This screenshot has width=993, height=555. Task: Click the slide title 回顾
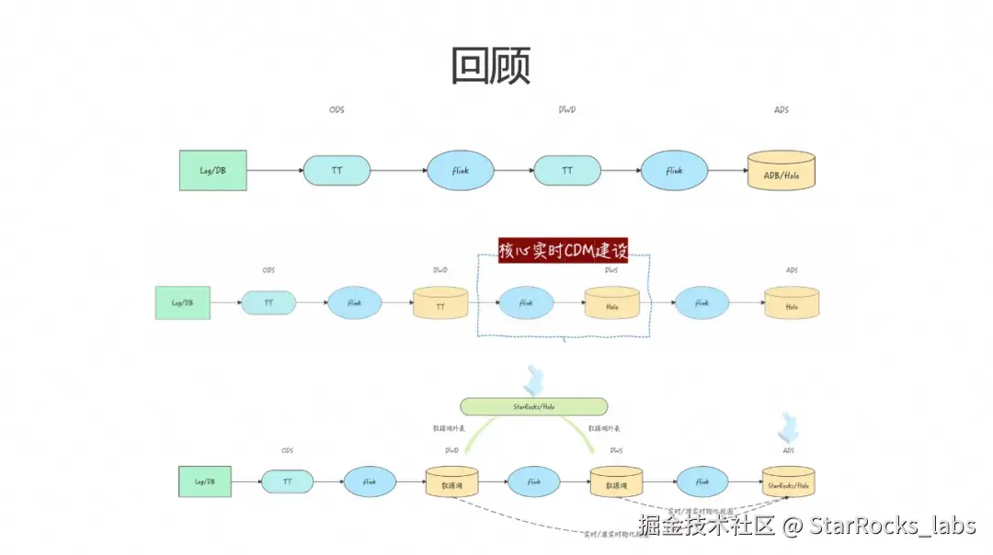pyautogui.click(x=491, y=65)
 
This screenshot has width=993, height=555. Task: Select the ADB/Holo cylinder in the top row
pyautogui.click(x=782, y=171)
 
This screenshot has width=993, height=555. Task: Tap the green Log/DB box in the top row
pyautogui.click(x=213, y=171)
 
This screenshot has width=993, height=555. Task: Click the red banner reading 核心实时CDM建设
pyautogui.click(x=563, y=250)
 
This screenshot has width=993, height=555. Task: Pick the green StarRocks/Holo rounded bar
pyautogui.click(x=533, y=406)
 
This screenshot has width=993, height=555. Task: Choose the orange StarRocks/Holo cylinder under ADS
pyautogui.click(x=789, y=483)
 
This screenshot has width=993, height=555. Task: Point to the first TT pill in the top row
pyautogui.click(x=337, y=171)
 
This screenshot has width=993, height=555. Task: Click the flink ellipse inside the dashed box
pyautogui.click(x=527, y=302)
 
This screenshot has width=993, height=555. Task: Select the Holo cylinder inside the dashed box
pyautogui.click(x=612, y=303)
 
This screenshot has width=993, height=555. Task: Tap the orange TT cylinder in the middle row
pyautogui.click(x=439, y=303)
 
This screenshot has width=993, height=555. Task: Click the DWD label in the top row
pyautogui.click(x=567, y=110)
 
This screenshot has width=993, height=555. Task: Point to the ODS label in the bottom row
pyautogui.click(x=287, y=450)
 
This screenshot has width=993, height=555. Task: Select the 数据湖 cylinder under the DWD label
pyautogui.click(x=451, y=483)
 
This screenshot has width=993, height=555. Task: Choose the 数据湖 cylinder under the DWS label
pyautogui.click(x=615, y=483)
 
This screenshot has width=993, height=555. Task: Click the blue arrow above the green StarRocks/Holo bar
pyautogui.click(x=534, y=378)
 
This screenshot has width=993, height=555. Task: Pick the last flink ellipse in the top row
pyautogui.click(x=674, y=171)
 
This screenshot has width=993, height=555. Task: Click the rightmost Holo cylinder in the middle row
pyautogui.click(x=792, y=303)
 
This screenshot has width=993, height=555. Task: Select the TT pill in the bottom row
pyautogui.click(x=287, y=481)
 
